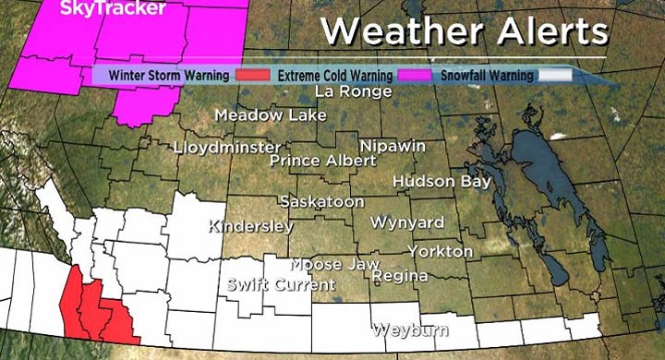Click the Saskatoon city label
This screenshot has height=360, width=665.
point(316,201)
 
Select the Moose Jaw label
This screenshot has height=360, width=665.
point(335,264)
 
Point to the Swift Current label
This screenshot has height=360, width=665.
point(281,284)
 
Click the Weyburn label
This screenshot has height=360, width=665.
point(410,330)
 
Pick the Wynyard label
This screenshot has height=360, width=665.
point(406,222)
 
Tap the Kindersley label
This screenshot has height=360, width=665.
point(251,226)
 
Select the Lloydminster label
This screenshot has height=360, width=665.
point(227,148)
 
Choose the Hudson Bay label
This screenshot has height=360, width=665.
point(441,182)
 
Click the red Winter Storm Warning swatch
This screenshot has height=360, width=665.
point(251,75)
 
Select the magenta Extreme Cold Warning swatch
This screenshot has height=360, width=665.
point(414,75)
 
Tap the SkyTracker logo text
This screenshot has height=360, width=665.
point(99,9)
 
